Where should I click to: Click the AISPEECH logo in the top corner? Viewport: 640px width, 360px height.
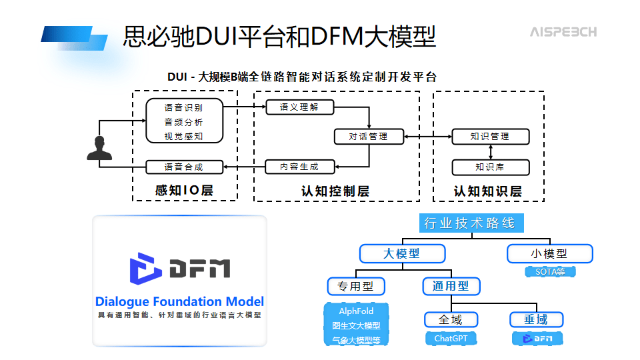pyautogui.click(x=563, y=32)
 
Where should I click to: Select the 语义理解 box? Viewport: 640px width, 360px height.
pyautogui.click(x=299, y=107)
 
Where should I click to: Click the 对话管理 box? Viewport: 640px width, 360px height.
pyautogui.click(x=369, y=137)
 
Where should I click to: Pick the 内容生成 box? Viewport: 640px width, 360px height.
pyautogui.click(x=299, y=167)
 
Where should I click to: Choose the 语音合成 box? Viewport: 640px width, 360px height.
pyautogui.click(x=183, y=167)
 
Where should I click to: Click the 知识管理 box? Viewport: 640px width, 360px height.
pyautogui.click(x=490, y=137)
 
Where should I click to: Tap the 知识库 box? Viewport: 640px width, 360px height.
pyautogui.click(x=490, y=167)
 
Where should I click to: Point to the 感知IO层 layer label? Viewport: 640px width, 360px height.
pyautogui.click(x=184, y=191)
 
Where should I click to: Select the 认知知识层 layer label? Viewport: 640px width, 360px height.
pyautogui.click(x=488, y=191)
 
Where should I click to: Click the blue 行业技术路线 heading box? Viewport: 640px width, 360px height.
pyautogui.click(x=471, y=223)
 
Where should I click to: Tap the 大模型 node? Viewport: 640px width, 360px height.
pyautogui.click(x=402, y=253)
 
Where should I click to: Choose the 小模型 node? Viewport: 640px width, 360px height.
pyautogui.click(x=549, y=253)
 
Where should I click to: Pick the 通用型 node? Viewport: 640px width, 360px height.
pyautogui.click(x=451, y=287)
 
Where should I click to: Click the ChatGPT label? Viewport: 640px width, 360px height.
pyautogui.click(x=451, y=339)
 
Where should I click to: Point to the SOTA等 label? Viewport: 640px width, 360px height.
pyautogui.click(x=549, y=271)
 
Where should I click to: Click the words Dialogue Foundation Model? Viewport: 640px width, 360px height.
pyautogui.click(x=179, y=301)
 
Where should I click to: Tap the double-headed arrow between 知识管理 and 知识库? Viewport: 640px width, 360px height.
pyautogui.click(x=490, y=152)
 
